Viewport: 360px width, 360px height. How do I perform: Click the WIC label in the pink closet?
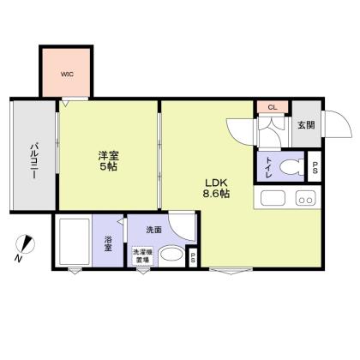click(67, 75)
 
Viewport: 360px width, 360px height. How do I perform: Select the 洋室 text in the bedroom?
click(107, 155)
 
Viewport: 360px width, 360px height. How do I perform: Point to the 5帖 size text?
click(107, 167)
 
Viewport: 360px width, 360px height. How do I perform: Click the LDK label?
click(215, 182)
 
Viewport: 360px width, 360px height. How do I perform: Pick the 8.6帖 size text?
click(215, 195)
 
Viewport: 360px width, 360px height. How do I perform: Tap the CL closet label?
click(272, 107)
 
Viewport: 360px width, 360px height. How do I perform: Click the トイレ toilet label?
click(269, 165)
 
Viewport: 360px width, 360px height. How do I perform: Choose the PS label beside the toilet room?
click(315, 167)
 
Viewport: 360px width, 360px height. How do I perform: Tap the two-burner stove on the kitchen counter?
click(305, 199)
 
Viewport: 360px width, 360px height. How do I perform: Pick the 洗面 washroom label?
click(154, 230)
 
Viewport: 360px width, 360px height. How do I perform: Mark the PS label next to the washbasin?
click(193, 255)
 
